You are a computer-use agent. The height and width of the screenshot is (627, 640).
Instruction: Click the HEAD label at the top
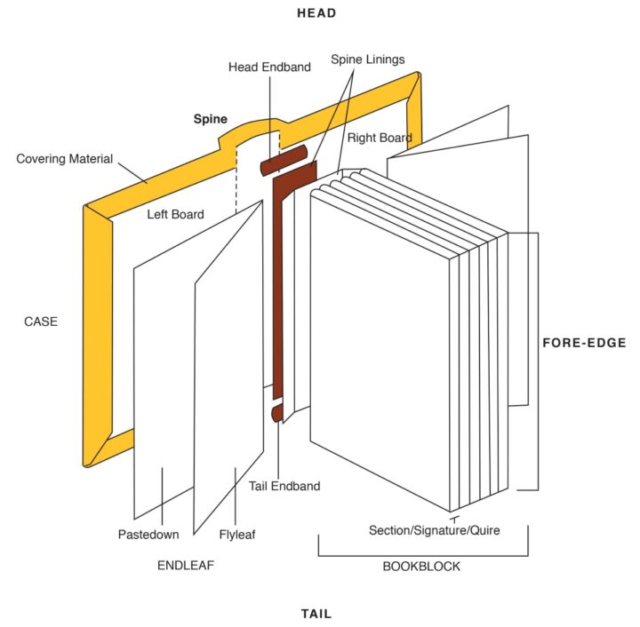pos(316,13)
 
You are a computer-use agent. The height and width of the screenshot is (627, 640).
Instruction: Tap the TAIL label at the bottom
pos(316,614)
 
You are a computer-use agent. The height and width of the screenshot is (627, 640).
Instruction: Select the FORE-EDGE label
pos(584,343)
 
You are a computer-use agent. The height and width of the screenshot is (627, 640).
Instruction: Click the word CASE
pos(40,321)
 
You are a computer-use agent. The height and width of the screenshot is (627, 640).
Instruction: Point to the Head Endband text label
pos(270,67)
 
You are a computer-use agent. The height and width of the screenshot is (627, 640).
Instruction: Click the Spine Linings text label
pos(367,60)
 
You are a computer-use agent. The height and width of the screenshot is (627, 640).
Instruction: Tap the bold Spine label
pos(211,118)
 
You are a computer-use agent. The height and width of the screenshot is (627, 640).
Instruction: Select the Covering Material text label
pos(65,159)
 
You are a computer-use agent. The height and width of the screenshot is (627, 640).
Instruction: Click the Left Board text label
pos(175,214)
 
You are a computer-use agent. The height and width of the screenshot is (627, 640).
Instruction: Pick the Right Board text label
pos(380,138)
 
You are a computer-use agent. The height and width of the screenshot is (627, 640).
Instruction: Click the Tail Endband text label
pos(284,486)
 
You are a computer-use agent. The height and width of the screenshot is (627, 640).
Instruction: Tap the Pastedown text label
pos(148,535)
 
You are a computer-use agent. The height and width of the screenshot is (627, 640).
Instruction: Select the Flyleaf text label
pos(237,535)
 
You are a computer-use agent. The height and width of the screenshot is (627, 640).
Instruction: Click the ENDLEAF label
pos(186,565)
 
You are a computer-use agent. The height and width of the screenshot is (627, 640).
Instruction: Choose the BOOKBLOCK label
pos(421,566)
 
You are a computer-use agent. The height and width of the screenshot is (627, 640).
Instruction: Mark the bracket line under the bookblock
pos(423,556)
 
